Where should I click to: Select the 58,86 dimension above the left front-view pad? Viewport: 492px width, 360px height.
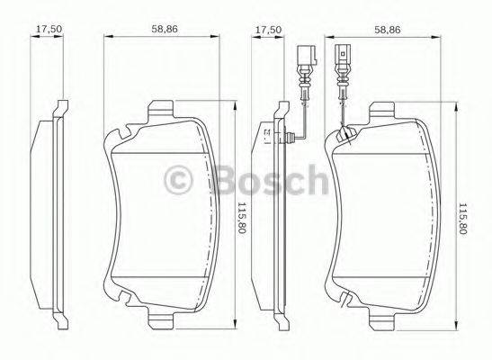pyautogui.click(x=163, y=28)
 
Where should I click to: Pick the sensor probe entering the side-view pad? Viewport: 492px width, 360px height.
pyautogui.click(x=288, y=137)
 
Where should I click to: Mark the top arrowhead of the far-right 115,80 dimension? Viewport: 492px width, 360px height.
pyautogui.click(x=461, y=112)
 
